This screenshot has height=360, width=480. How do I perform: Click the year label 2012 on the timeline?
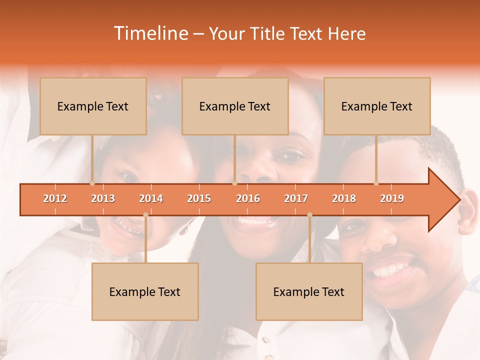click(x=55, y=198)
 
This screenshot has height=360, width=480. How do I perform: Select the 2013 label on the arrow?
click(x=103, y=198)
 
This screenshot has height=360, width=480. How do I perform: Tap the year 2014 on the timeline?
click(x=151, y=198)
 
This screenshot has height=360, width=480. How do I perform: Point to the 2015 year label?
click(x=199, y=198)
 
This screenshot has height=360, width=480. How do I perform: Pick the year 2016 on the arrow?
click(x=248, y=198)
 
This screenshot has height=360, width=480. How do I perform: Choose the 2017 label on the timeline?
click(x=296, y=198)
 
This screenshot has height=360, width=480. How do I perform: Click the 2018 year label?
click(x=344, y=198)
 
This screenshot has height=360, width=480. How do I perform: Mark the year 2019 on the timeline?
click(x=392, y=198)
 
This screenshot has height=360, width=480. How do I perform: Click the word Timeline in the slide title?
click(x=150, y=33)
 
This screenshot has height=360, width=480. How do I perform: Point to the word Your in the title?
click(x=225, y=33)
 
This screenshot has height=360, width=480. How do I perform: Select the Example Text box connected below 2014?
click(x=145, y=291)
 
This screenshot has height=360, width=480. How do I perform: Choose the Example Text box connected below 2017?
click(x=309, y=291)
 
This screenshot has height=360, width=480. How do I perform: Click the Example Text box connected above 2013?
click(x=93, y=106)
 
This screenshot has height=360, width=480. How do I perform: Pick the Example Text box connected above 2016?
click(x=235, y=106)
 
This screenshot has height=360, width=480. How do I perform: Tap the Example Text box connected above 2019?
click(x=377, y=106)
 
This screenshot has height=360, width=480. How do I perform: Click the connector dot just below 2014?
click(x=145, y=215)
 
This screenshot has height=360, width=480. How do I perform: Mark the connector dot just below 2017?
click(x=309, y=215)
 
